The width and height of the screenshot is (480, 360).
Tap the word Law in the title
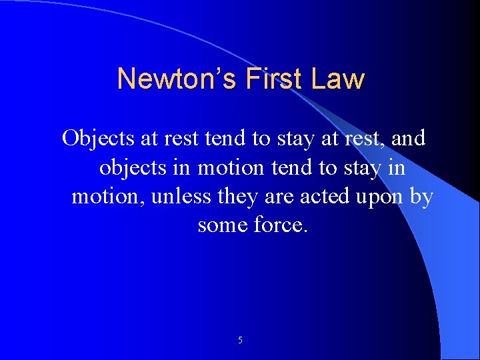[x=339, y=79]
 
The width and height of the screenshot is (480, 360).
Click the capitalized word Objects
[x=99, y=139]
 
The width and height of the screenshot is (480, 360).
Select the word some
[x=223, y=226]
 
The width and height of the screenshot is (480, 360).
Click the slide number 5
[x=240, y=341]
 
